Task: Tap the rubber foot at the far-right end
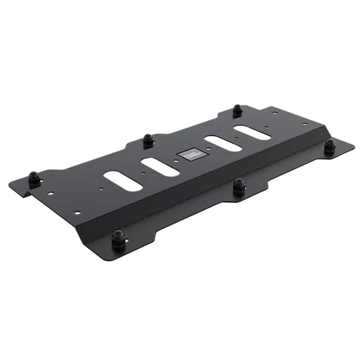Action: [330, 146]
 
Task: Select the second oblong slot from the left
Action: [158, 164]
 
